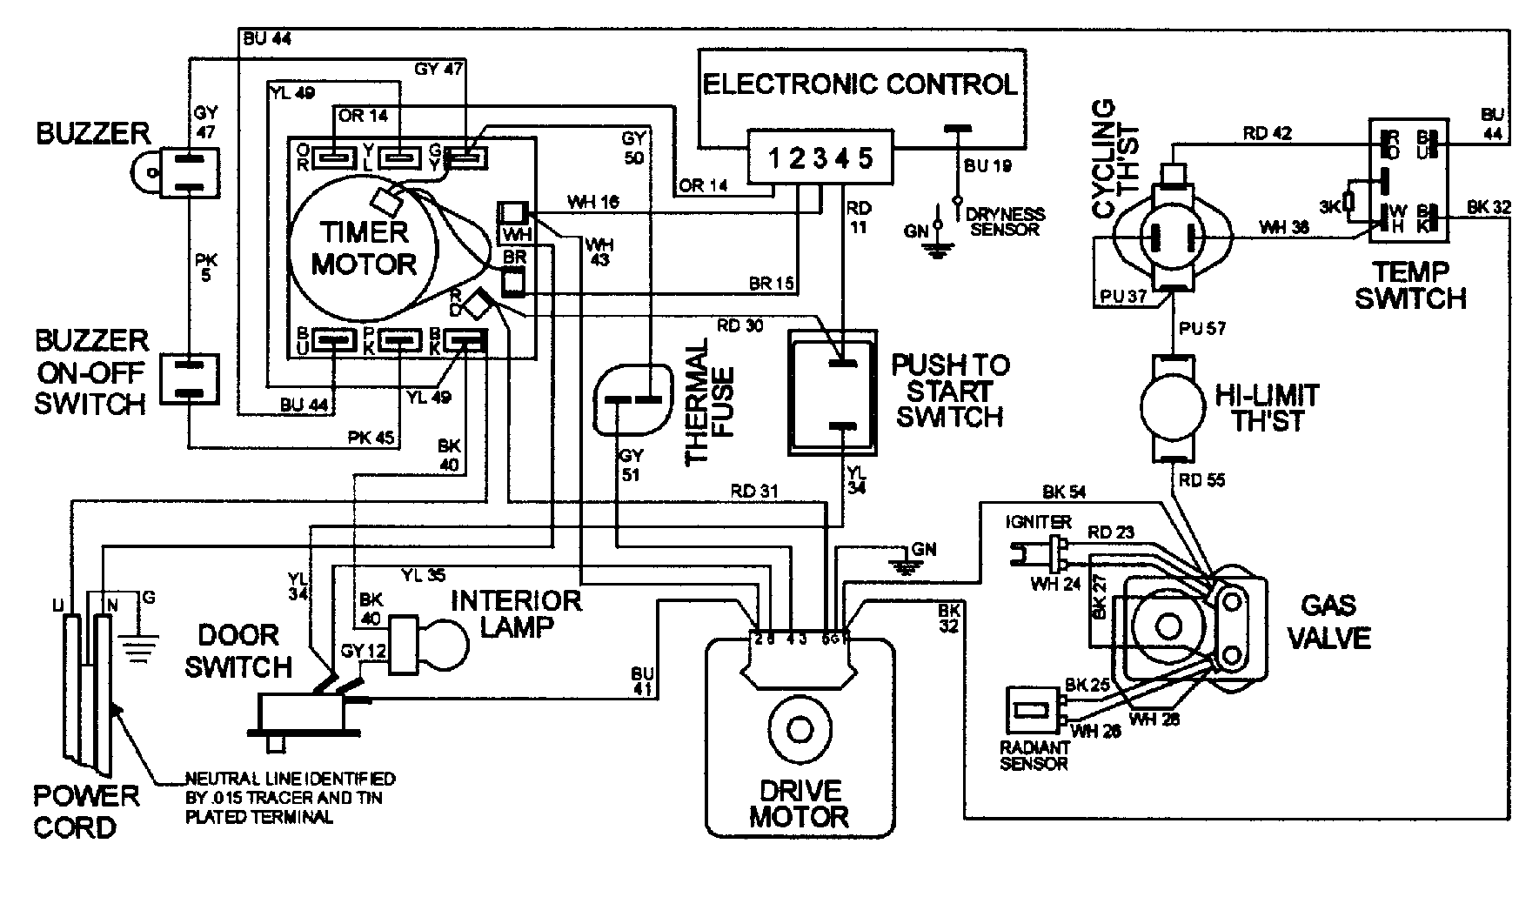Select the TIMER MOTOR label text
[364, 248]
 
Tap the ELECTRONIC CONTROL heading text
[859, 84]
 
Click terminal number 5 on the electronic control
[865, 158]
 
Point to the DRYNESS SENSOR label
[1007, 222]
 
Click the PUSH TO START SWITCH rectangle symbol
[833, 393]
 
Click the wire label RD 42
[1267, 133]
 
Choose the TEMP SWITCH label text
[1410, 284]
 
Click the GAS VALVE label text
[1329, 622]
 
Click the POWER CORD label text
[85, 811]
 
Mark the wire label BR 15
[770, 284]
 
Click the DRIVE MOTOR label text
[798, 804]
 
